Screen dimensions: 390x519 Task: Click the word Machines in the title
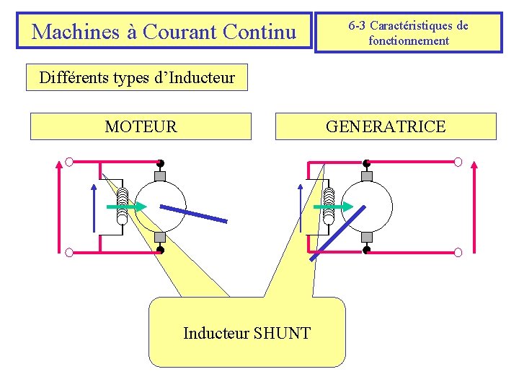click(63, 32)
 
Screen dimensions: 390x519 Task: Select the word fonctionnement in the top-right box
click(408, 41)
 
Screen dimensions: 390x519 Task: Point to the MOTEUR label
click(141, 127)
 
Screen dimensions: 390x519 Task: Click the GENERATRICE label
click(386, 127)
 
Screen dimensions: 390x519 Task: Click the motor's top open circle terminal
click(68, 162)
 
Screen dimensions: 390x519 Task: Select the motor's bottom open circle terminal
click(68, 252)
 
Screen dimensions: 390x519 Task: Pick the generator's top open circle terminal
click(458, 162)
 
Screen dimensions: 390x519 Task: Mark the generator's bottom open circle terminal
click(458, 252)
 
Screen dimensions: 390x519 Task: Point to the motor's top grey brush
click(160, 175)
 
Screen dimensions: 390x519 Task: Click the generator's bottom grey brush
click(366, 238)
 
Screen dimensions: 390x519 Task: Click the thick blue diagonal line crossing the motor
click(193, 213)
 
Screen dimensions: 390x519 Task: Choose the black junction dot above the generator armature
click(366, 162)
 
